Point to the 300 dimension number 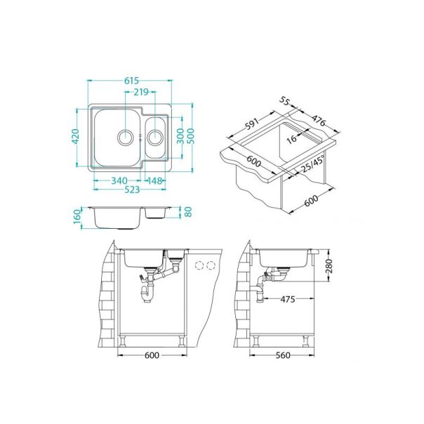tap(180, 136)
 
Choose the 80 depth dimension tap(187, 211)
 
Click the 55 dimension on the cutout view tap(285, 101)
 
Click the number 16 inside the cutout tap(291, 140)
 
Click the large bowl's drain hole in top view tap(126, 135)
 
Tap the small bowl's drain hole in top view tap(155, 136)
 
